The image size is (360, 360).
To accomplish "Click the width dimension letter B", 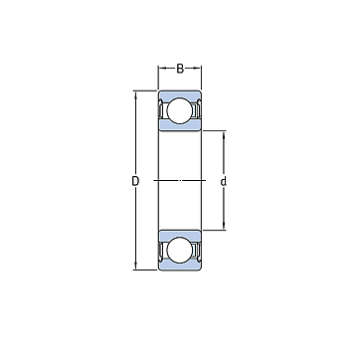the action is [x=180, y=69].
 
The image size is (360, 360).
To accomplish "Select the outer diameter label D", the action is [x=135, y=181].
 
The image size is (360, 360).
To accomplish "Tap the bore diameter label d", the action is [x=224, y=182].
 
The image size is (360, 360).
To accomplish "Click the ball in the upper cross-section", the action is [x=180, y=110].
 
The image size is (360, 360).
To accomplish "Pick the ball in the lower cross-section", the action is [x=180, y=251].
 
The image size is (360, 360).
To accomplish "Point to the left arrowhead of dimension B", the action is [x=161, y=69].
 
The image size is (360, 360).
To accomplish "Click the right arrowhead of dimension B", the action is [x=199, y=69].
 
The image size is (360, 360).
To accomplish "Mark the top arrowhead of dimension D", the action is [x=135, y=94].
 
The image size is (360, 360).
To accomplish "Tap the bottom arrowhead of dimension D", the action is [x=135, y=267].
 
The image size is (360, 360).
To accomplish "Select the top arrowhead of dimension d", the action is [x=224, y=134].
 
